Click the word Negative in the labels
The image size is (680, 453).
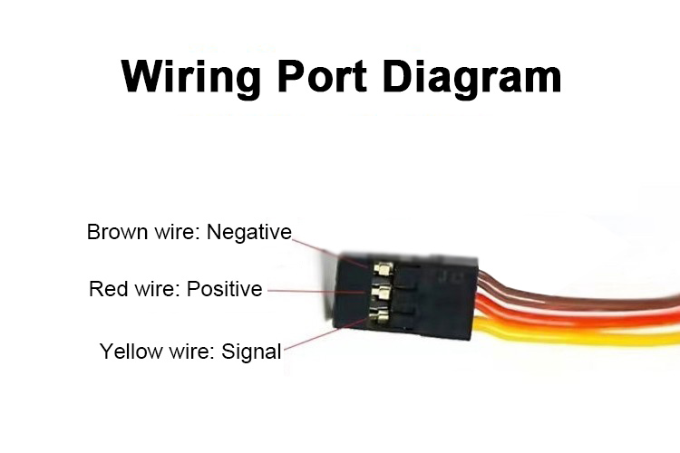pos(248,232)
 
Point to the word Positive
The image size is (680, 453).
pos(224,289)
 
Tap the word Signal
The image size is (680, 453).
pos(251,351)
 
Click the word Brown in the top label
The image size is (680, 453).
pos(115,232)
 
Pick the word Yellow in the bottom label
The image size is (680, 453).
pos(128,351)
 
